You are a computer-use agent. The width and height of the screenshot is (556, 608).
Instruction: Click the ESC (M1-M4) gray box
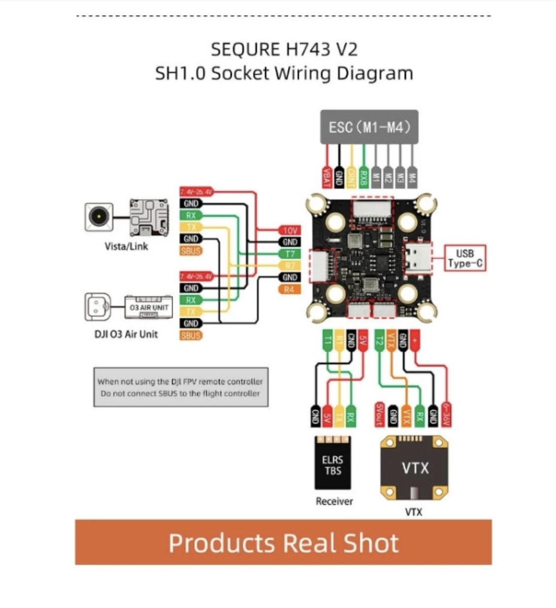point(369,127)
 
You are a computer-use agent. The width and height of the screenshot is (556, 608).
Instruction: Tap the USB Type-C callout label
point(464,258)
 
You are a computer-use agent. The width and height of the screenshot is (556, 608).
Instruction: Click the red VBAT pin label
point(326,176)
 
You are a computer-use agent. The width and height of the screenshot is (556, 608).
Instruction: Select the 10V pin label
point(290,230)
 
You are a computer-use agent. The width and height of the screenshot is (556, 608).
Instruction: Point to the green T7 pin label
point(290,254)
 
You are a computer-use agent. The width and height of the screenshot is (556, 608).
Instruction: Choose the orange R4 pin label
point(289,289)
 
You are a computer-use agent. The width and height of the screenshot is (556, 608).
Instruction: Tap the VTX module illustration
point(414,467)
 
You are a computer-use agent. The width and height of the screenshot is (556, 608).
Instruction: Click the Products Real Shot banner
point(283,542)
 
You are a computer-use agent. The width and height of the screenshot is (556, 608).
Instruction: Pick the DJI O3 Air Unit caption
point(126,334)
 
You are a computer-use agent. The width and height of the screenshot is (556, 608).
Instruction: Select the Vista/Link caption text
point(126,246)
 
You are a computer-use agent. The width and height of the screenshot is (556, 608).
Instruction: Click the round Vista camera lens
point(99,217)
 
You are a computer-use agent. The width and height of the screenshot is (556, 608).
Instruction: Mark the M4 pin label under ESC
point(412,176)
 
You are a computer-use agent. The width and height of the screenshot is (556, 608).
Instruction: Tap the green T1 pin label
point(327,340)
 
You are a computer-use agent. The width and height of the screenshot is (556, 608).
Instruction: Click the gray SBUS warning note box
point(181,387)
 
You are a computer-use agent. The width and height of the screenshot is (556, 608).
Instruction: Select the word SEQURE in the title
point(245,50)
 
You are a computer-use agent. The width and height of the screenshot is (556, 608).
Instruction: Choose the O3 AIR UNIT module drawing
point(148,307)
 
